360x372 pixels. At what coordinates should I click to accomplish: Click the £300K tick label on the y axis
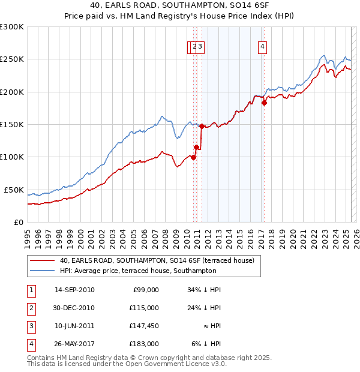12,27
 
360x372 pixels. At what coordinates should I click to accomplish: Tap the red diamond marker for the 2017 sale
264,103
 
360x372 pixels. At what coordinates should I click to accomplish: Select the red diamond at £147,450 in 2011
202,126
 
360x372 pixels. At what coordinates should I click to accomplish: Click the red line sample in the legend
41,260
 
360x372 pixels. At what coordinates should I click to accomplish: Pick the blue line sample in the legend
41,271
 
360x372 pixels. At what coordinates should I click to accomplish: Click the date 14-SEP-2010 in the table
74,290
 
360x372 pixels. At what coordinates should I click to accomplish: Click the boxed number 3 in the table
31,326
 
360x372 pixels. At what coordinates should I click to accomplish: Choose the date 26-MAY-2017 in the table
74,344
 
